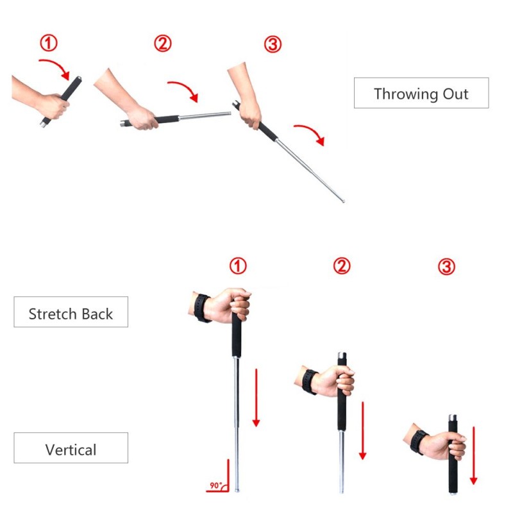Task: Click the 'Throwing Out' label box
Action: [x=421, y=93]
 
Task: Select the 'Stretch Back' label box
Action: [x=71, y=312]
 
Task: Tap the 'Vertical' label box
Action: [x=71, y=448]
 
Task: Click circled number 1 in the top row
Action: [x=49, y=43]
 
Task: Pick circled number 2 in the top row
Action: [x=163, y=44]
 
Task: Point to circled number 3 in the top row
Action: [x=273, y=44]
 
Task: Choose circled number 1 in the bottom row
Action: [x=238, y=265]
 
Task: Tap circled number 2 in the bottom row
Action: [x=342, y=265]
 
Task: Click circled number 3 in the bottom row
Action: [x=446, y=266]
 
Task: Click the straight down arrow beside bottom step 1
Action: [x=256, y=398]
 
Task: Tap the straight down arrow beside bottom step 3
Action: [x=473, y=455]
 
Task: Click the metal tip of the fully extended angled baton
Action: [x=343, y=201]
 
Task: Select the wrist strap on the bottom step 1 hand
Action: [x=201, y=308]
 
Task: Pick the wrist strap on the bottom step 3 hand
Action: [x=418, y=442]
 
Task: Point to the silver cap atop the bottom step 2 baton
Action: [x=342, y=356]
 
